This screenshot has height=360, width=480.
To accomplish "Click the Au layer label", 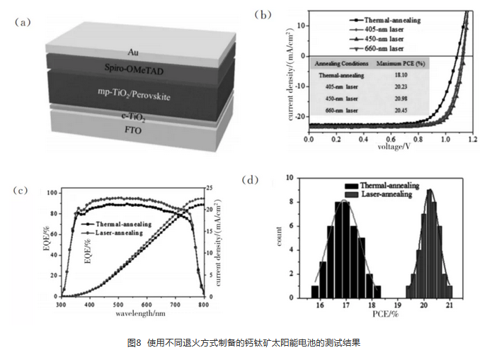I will [x=132, y=52].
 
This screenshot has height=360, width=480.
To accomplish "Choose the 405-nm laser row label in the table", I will [x=338, y=87].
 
